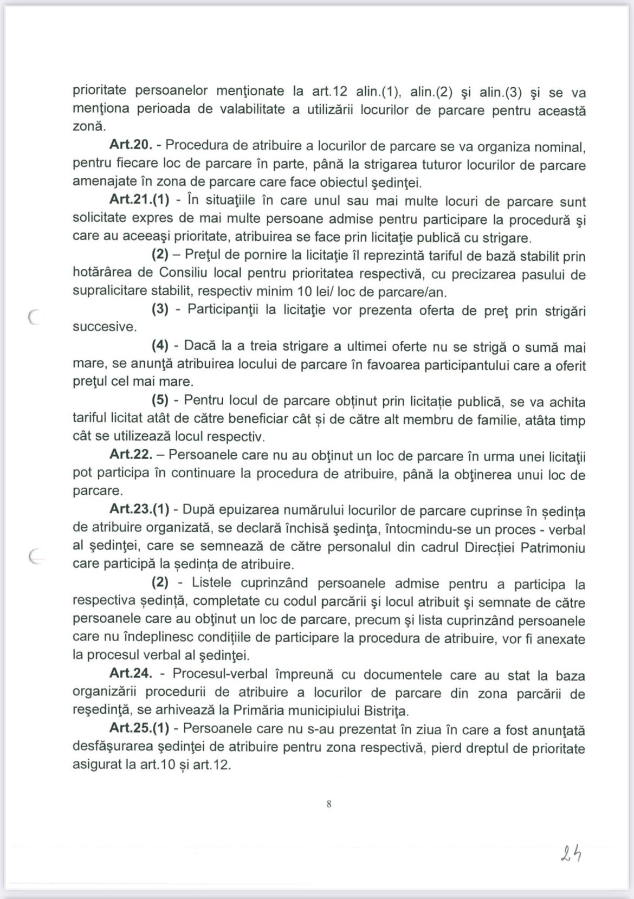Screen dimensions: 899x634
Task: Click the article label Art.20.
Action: [x=130, y=145]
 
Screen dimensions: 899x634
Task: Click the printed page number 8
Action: [x=329, y=804]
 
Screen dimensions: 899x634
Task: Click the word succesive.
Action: [x=105, y=327]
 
